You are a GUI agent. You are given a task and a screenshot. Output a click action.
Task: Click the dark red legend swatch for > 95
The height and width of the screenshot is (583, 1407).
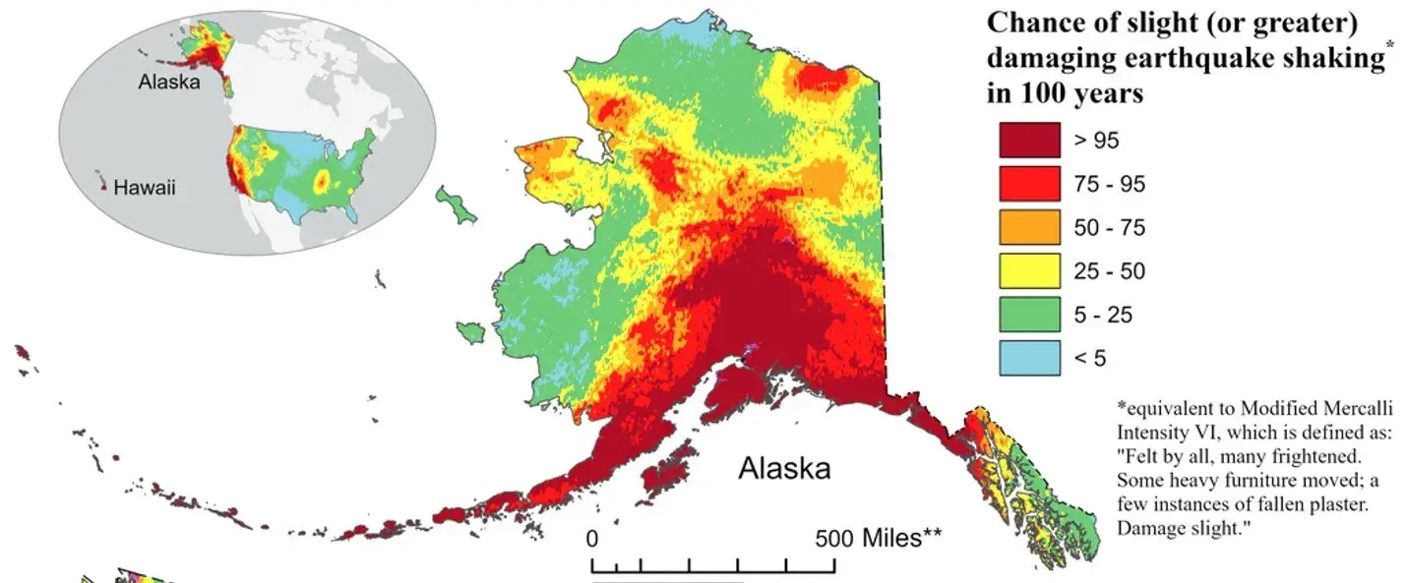coord(1029,140)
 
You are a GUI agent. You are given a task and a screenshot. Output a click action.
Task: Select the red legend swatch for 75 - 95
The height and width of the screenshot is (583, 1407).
coord(1029,184)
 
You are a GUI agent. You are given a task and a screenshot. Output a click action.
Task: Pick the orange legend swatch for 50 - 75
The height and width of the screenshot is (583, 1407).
coord(1029,227)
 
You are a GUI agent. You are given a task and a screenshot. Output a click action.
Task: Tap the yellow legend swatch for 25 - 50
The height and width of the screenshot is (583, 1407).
coord(1029,270)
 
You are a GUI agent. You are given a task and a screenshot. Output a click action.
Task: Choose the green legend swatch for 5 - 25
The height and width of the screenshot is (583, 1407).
coord(1029,314)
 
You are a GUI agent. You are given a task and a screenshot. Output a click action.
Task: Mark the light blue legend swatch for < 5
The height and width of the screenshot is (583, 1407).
coord(1029,357)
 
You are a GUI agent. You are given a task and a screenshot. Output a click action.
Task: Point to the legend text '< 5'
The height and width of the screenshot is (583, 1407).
coord(1089,358)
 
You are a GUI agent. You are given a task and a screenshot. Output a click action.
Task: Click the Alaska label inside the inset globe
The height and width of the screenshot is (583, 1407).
coord(168,83)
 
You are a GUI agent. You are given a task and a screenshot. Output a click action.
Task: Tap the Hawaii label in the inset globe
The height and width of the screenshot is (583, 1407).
coord(145,187)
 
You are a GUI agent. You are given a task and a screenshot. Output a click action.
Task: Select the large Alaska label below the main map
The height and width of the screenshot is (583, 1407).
coord(784,469)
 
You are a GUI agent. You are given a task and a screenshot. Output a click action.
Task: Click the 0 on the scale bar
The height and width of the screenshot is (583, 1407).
coord(591,539)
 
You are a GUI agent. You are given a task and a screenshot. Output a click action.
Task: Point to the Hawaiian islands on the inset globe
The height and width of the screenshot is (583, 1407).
coord(100,181)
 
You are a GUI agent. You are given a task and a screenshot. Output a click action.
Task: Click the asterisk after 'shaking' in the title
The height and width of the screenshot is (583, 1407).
coord(1389,49)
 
